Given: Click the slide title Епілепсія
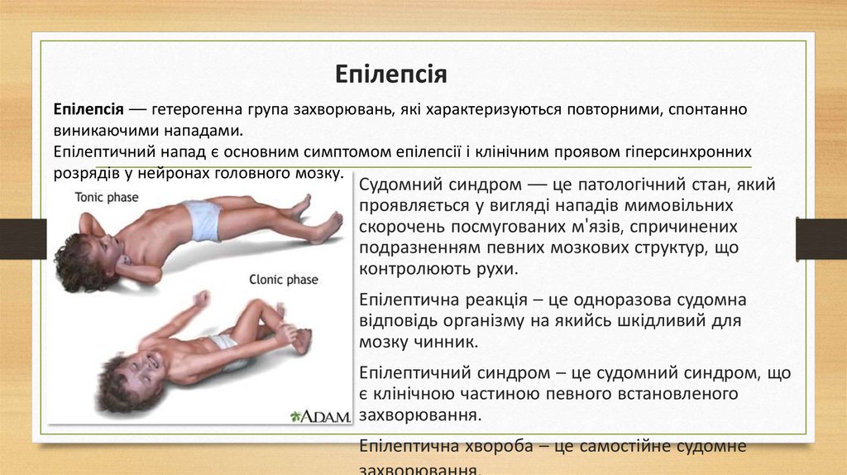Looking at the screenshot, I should tap(391, 74).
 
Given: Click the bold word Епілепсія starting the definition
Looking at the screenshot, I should tap(89, 110).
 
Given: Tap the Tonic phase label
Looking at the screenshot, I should tap(107, 198).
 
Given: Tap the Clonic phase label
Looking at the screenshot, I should tap(283, 280).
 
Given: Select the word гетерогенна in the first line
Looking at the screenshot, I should tap(196, 110).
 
